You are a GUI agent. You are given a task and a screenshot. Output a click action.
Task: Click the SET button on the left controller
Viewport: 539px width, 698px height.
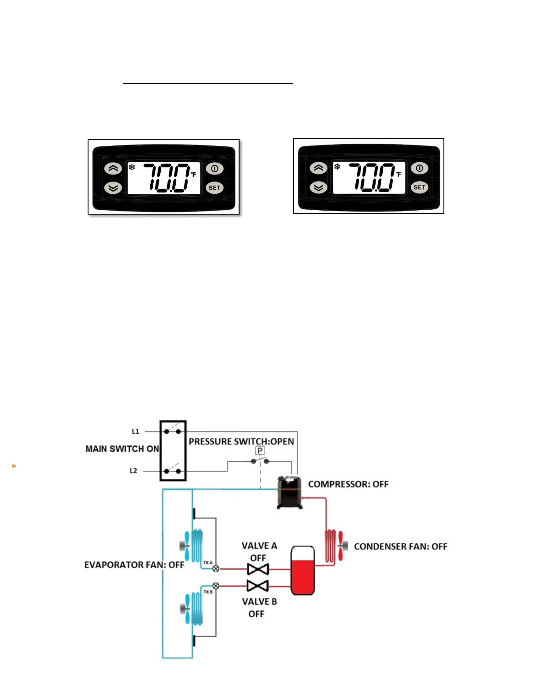(x=214, y=188)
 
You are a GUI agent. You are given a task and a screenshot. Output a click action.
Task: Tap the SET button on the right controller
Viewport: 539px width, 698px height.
(x=420, y=187)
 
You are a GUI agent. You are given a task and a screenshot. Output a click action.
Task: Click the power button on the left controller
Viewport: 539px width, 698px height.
(x=214, y=168)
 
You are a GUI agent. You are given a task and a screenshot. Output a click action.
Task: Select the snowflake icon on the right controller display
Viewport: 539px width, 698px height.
(x=337, y=167)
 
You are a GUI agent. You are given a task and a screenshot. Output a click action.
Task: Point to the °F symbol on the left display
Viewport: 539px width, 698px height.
(x=193, y=174)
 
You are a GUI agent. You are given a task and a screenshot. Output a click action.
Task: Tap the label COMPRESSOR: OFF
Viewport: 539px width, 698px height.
(x=348, y=484)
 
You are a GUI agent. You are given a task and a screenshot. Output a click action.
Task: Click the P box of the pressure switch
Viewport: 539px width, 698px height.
(x=260, y=450)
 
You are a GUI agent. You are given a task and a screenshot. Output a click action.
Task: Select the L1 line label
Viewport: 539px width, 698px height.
(x=135, y=431)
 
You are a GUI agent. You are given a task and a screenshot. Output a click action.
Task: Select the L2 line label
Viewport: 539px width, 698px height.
(x=133, y=471)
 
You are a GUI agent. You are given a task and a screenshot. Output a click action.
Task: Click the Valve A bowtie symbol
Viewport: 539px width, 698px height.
(x=258, y=569)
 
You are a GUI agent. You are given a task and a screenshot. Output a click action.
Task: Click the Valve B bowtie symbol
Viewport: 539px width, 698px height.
(x=258, y=586)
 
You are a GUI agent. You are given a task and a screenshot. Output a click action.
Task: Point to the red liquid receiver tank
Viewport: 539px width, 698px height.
(x=303, y=571)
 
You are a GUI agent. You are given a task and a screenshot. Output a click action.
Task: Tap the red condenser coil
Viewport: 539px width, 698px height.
(x=330, y=546)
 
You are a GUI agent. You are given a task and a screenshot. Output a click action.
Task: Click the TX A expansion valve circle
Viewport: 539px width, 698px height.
(x=216, y=569)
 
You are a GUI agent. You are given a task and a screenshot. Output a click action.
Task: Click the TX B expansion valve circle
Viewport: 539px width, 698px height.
(x=216, y=586)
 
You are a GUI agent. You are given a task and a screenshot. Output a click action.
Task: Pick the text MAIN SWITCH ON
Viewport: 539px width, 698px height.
(x=122, y=449)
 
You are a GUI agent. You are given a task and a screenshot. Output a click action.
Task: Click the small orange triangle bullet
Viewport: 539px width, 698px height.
(x=15, y=465)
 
